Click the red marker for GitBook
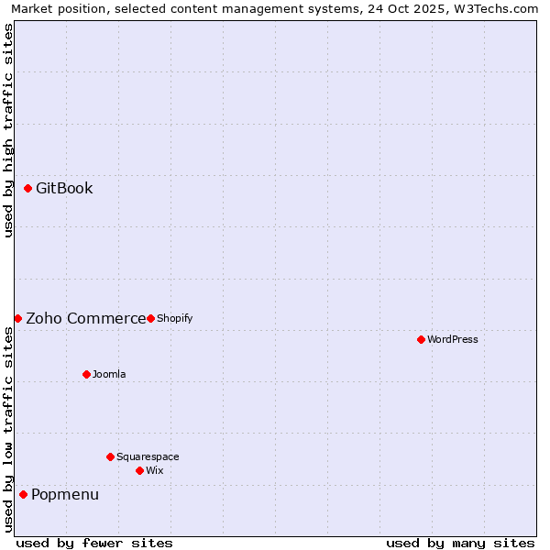pyautogui.click(x=27, y=189)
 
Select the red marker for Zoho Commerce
pyautogui.click(x=17, y=318)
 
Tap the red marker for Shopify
pyautogui.click(x=150, y=318)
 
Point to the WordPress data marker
pyautogui.click(x=421, y=339)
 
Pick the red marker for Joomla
pyautogui.click(x=86, y=374)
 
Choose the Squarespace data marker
pyautogui.click(x=110, y=456)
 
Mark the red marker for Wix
pyautogui.click(x=139, y=470)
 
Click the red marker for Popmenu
pyautogui.click(x=23, y=495)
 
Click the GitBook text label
pyautogui.click(x=64, y=189)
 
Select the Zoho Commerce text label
pyautogui.click(x=85, y=319)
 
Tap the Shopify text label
pyautogui.click(x=174, y=319)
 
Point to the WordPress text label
pyautogui.click(x=453, y=340)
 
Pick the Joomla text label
pyautogui.click(x=109, y=375)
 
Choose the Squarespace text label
pyautogui.click(x=148, y=457)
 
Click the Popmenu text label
pyautogui.click(x=65, y=495)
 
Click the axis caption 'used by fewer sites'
pyautogui.click(x=94, y=543)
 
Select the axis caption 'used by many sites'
pyautogui.click(x=460, y=543)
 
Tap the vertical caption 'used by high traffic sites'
pyautogui.click(x=9, y=130)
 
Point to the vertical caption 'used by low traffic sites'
pyautogui.click(x=9, y=429)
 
